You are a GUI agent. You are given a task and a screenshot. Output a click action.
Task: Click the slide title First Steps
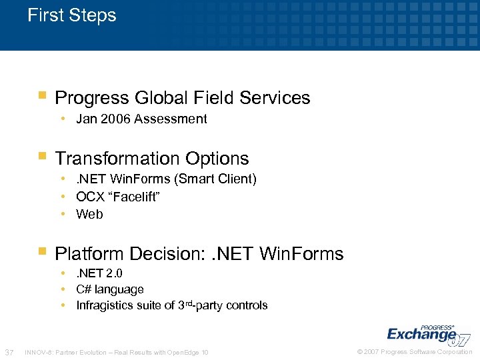(x=72, y=15)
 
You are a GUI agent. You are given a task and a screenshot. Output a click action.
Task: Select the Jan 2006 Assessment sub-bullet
(x=141, y=119)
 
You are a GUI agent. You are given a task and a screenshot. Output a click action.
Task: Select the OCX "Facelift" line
(x=118, y=197)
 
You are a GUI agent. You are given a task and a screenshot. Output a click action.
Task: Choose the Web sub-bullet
(x=89, y=214)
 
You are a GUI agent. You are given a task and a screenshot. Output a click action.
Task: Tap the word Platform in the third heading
(x=90, y=254)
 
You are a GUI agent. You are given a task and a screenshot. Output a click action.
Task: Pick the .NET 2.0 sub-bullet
(x=99, y=273)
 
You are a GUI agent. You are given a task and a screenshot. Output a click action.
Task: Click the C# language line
(x=110, y=289)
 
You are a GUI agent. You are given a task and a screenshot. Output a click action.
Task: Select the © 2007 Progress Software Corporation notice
(x=415, y=352)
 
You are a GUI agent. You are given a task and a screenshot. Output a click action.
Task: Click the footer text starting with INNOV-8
(x=116, y=352)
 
